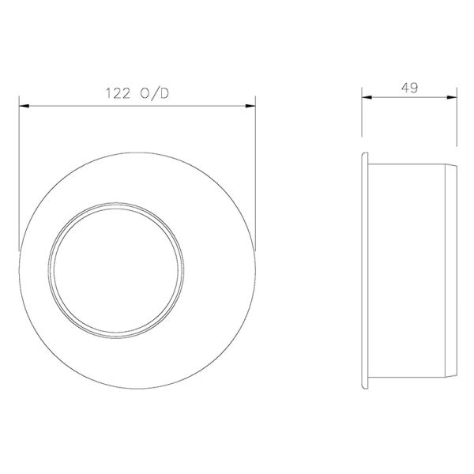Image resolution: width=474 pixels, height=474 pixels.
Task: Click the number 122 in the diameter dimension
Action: pos(118,93)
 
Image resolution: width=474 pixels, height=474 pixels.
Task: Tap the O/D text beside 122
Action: pos(158,93)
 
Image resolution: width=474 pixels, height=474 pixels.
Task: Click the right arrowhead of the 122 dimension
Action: pos(253,103)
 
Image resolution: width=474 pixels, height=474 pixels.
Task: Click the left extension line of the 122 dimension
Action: pos(18,174)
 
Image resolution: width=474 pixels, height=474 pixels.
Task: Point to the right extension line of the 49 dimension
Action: pos(457,126)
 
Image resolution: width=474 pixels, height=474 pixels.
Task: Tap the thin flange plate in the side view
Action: pos(365,269)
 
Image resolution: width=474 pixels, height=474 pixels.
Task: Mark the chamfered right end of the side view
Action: pos(454,269)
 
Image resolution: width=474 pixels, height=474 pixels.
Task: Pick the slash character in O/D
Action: pos(158,93)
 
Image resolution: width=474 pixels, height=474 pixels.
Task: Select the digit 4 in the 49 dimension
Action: pos(405,88)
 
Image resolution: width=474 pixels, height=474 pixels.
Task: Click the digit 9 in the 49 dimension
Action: pos(414,88)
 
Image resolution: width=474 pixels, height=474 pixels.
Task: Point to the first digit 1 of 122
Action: pos(108,93)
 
